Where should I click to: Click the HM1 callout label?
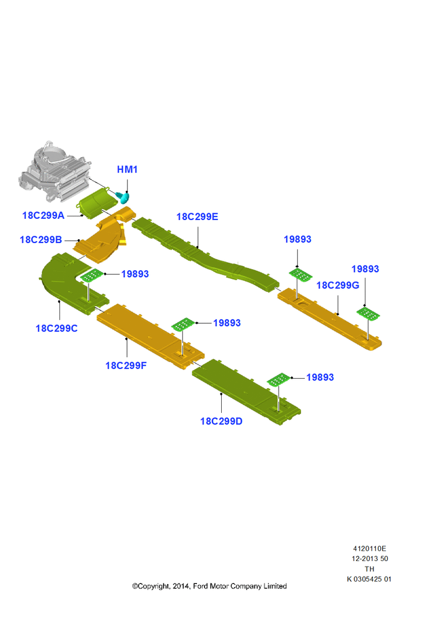127,170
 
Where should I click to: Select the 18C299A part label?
43,216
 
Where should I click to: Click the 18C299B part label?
41,239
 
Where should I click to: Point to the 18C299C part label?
56,328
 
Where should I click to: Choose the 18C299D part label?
221,421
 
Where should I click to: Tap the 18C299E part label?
197,216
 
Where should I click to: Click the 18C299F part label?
126,365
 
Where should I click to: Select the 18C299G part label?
338,285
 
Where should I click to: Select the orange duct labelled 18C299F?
150,336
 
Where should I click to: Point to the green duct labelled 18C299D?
246,392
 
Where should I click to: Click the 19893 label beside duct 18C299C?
135,274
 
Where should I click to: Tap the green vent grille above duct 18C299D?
279,379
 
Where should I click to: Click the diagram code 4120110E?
370,549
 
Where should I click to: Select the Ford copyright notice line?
209,586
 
